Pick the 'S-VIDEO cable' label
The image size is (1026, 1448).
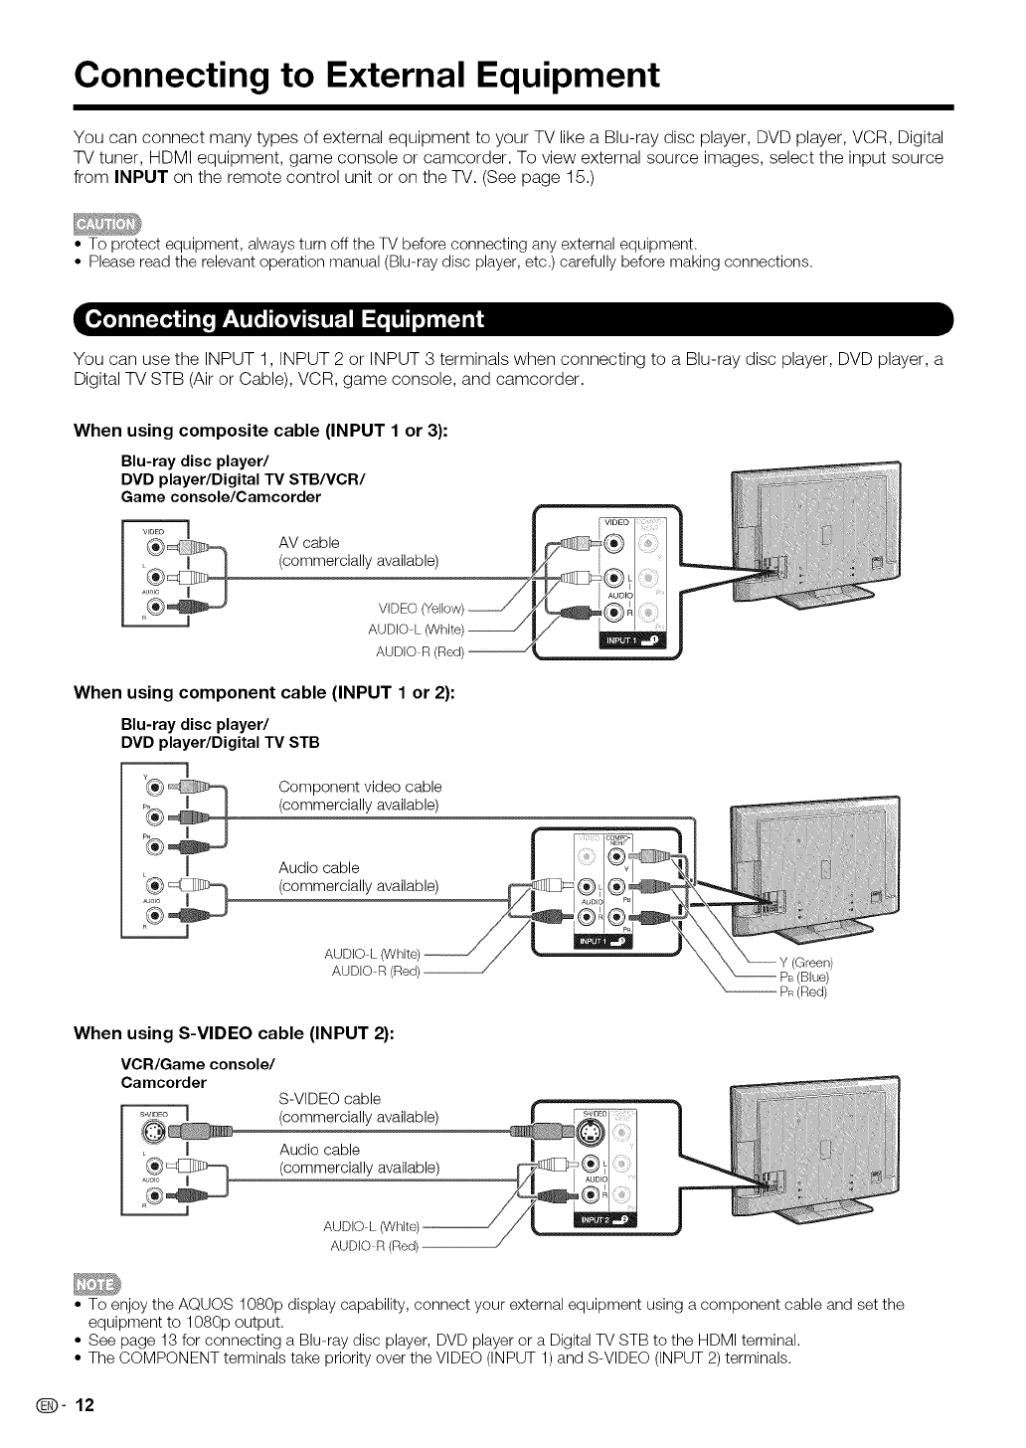click(x=331, y=1098)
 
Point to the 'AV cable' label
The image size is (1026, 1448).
click(x=309, y=542)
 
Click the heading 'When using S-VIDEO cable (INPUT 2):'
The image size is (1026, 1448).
click(x=234, y=1033)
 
